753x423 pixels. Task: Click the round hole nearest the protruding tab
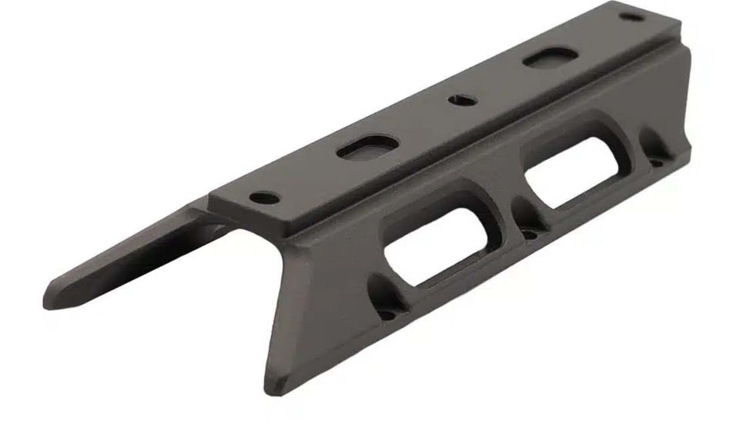(265, 198)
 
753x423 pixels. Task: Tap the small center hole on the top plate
(463, 99)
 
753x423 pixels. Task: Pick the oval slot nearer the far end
(550, 58)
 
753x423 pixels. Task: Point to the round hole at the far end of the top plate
(631, 16)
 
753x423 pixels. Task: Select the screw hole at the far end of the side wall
(656, 162)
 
